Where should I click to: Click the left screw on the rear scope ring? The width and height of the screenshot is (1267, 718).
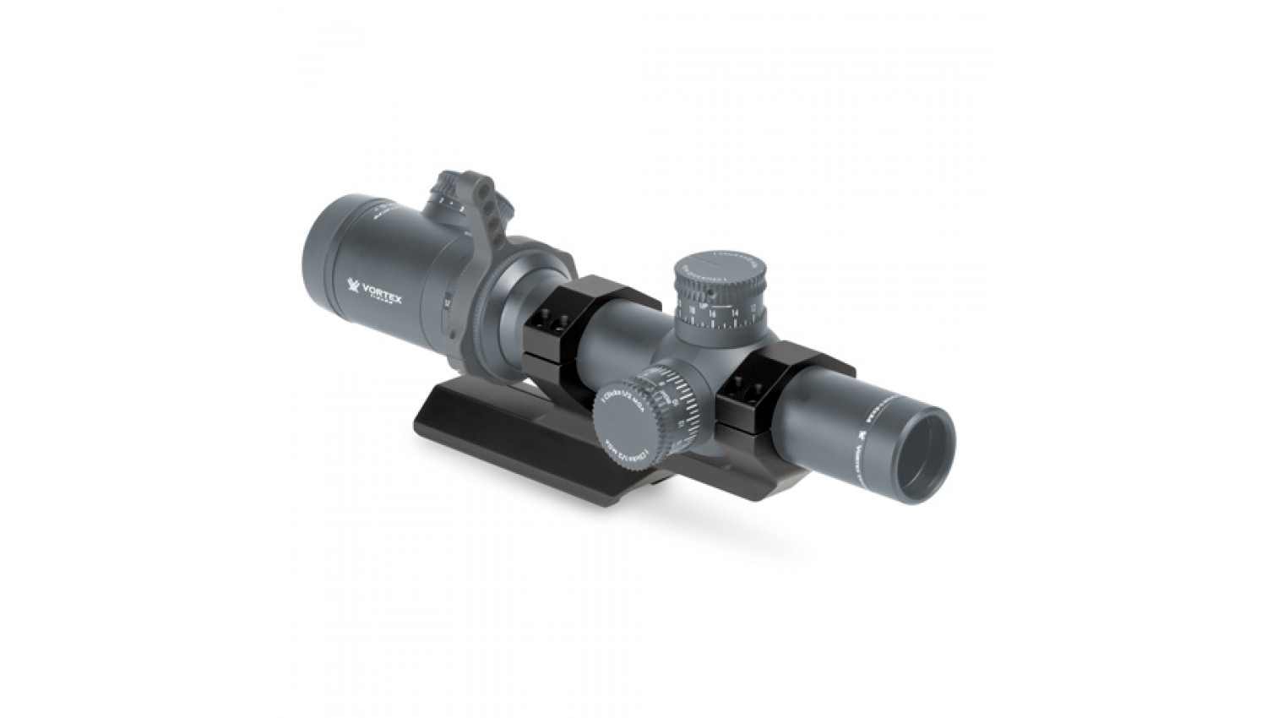[x=538, y=318]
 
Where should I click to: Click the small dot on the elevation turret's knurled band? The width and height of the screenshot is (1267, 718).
[x=711, y=291]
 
